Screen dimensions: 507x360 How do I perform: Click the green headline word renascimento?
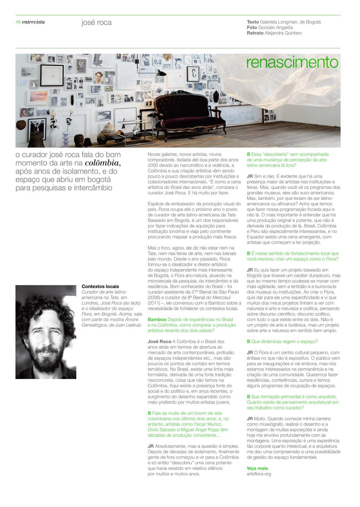pos(292,62)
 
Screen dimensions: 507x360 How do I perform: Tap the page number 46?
pos(18,22)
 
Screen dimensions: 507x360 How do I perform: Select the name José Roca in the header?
pos(96,23)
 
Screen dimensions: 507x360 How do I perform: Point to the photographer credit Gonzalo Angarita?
pos(275,27)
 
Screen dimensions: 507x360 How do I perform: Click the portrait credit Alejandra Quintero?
pos(283,33)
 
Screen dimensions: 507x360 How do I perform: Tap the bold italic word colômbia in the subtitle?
pos(102,163)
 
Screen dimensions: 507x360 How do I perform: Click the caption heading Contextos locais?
pos(100,286)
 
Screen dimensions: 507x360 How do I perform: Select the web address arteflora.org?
pos(259,474)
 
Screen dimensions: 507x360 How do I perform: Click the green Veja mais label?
pos(257,468)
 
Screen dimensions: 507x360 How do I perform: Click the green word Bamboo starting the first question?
pos(157,319)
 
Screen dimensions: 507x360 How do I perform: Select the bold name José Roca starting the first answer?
pos(159,341)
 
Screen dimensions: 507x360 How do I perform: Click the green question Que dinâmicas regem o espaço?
pos(284,341)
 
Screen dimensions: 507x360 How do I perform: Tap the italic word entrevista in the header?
pos(33,22)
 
